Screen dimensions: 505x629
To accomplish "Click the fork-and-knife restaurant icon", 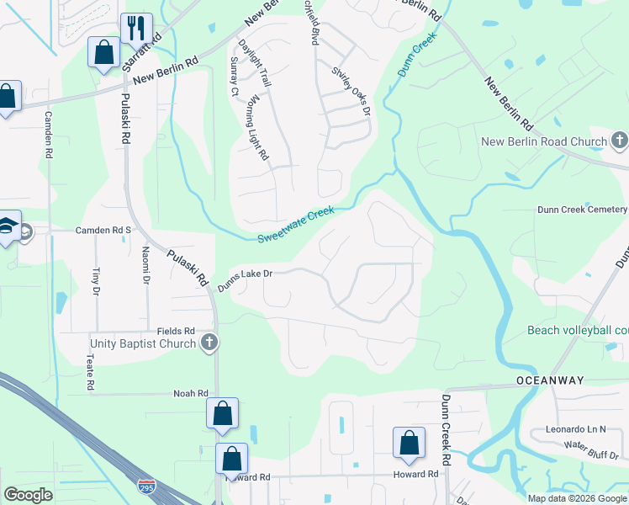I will pyautogui.click(x=133, y=27).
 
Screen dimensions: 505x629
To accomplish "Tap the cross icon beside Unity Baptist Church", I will pyautogui.click(x=209, y=342).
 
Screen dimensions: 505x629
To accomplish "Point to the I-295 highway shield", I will pyautogui.click(x=145, y=486).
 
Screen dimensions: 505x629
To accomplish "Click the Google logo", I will pyautogui.click(x=29, y=495).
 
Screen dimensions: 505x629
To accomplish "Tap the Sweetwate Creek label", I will pyautogui.click(x=296, y=224).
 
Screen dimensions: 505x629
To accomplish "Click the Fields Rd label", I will pyautogui.click(x=176, y=332).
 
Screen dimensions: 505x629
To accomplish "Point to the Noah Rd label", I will pyautogui.click(x=190, y=393).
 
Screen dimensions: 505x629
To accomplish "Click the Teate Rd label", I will pyautogui.click(x=90, y=371).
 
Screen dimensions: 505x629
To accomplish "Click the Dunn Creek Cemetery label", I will pyautogui.click(x=583, y=210).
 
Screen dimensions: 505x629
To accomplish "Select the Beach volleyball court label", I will pyautogui.click(x=578, y=330).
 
